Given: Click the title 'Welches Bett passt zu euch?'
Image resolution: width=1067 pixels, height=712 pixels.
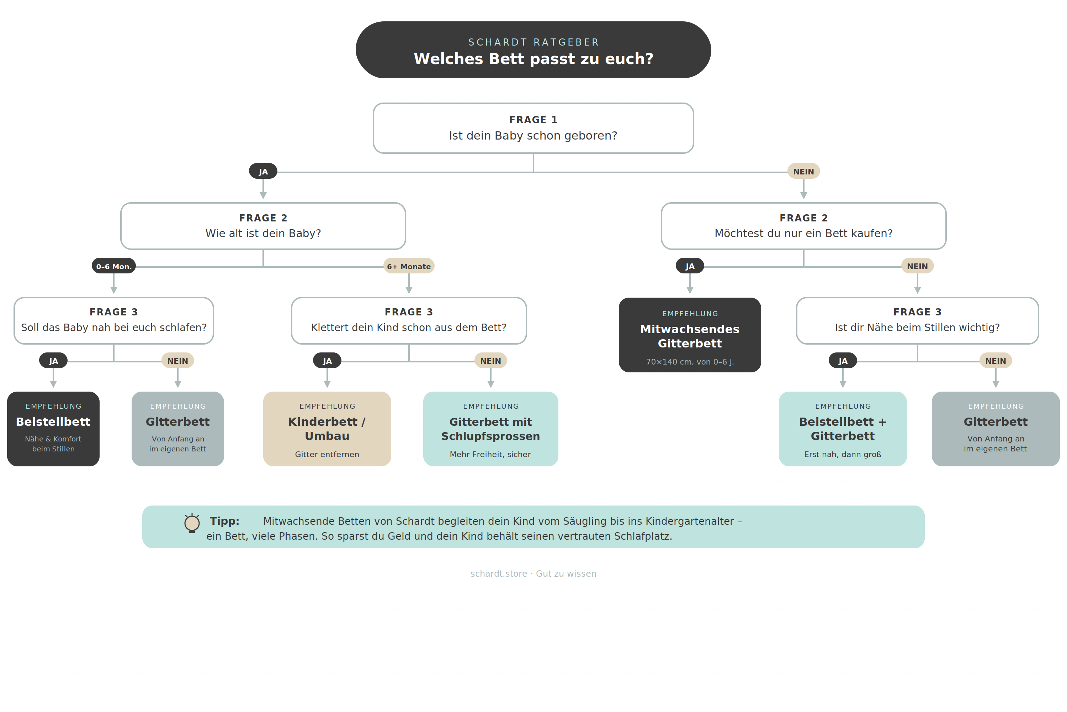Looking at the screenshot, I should point(533,59).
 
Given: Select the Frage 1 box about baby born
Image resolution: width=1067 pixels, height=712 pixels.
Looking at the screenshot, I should point(533,128).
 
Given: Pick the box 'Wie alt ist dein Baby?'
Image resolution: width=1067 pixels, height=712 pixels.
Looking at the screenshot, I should point(263,226).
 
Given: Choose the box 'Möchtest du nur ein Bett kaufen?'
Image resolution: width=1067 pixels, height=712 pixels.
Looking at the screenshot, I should point(803,226).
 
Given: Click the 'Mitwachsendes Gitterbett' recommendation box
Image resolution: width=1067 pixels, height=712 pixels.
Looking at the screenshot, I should point(690,335).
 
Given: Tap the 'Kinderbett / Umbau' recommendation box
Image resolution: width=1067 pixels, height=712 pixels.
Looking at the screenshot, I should point(327,429).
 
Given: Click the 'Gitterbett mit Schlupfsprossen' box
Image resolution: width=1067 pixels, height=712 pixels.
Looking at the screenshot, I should point(490,429).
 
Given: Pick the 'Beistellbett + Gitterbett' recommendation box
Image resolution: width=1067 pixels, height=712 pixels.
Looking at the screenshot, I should point(843,429).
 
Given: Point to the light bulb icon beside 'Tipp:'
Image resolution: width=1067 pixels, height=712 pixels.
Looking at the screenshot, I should point(192,523).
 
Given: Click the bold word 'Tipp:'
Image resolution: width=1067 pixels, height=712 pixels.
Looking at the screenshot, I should point(224,521).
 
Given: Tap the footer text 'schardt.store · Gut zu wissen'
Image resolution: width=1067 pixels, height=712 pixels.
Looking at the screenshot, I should point(533,574).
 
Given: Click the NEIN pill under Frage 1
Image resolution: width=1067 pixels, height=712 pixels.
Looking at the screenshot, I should point(803,171).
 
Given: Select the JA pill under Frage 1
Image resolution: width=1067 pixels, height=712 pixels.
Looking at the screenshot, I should point(263,171).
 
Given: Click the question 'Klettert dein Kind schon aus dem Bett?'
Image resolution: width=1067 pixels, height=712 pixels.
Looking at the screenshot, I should point(409,328).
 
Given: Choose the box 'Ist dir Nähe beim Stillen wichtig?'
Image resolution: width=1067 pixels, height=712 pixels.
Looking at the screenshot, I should point(917,321).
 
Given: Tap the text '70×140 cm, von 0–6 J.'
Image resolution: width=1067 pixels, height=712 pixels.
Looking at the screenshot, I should point(690,362).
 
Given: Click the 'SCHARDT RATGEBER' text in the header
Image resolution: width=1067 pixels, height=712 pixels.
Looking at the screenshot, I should point(533,42).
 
